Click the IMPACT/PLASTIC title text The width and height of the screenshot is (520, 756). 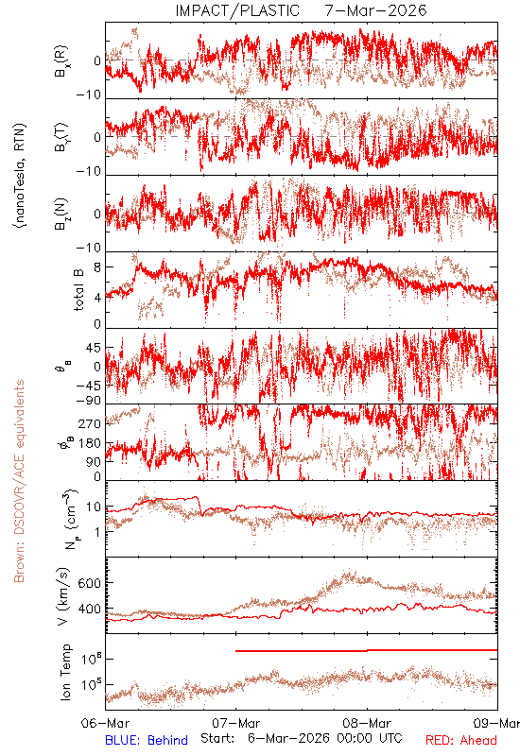click(237, 10)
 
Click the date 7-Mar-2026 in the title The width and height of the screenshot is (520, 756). click(375, 10)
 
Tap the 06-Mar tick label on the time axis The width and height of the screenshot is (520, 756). click(106, 723)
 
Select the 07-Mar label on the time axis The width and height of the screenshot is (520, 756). click(235, 723)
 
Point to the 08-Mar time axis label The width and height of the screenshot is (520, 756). click(367, 723)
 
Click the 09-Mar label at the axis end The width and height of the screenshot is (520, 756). click(496, 723)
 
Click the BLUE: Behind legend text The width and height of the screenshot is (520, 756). click(147, 740)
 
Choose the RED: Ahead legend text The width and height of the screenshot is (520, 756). click(460, 740)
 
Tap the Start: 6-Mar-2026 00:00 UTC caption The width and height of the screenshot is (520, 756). click(301, 738)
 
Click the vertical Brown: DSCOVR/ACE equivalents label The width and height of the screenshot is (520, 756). click(19, 481)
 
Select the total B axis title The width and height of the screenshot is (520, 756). click(78, 290)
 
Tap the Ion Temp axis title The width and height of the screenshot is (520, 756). click(65, 672)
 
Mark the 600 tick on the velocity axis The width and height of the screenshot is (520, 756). click(90, 583)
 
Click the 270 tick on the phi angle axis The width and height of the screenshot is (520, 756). click(90, 423)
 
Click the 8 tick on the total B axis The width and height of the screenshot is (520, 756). click(97, 267)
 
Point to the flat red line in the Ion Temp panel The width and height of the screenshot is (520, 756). click(366, 650)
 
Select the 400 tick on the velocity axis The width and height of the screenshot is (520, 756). click(90, 610)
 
